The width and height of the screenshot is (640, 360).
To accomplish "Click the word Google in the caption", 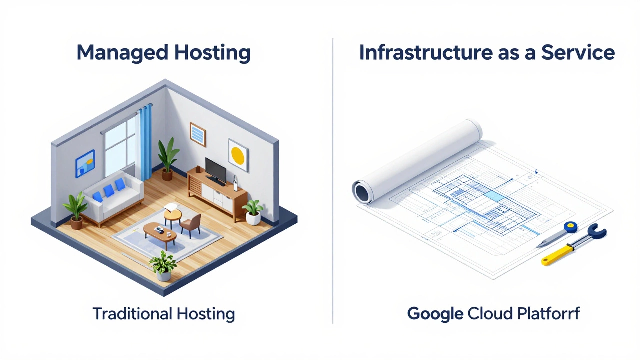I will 435,314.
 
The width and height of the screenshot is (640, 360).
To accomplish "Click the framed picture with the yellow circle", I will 238,152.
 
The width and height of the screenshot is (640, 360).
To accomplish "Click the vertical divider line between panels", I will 333,180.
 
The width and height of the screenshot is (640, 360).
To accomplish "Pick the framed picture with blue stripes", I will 198,133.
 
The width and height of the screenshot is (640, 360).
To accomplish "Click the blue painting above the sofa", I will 85,163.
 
